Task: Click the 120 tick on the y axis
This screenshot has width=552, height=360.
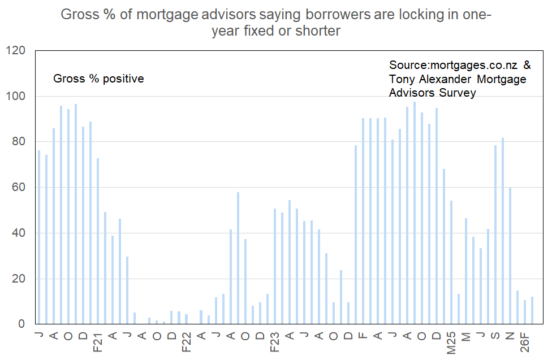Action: [15, 50]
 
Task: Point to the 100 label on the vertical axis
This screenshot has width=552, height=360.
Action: [15, 96]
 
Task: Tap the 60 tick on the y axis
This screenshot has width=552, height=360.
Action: [18, 187]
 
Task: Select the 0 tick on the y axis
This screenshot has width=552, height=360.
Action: [21, 324]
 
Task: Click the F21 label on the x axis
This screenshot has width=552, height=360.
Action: [97, 342]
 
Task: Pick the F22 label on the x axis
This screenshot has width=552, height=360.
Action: [186, 342]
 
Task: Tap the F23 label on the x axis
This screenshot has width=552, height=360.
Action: [274, 342]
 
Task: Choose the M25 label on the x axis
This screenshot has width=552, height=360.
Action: [451, 342]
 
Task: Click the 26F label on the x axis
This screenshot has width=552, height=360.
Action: [524, 342]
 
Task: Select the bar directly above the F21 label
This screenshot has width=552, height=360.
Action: [98, 241]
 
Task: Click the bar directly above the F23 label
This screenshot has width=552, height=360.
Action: [275, 266]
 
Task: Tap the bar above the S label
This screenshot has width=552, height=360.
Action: [495, 235]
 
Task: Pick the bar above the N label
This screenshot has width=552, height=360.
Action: [510, 255]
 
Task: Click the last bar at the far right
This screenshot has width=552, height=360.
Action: [532, 310]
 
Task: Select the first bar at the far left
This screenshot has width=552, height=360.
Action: [39, 237]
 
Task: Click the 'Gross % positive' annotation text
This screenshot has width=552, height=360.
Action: [98, 79]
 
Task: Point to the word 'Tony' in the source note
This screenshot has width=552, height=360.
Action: [402, 79]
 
